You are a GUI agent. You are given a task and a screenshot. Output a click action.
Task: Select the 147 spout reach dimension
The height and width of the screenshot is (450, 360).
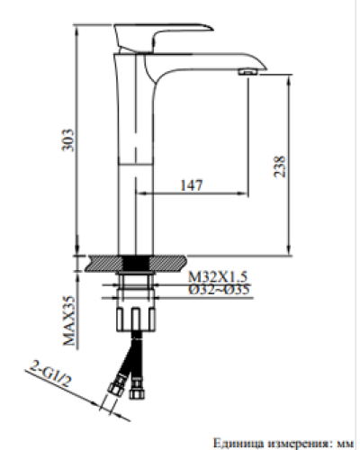coord(191,184)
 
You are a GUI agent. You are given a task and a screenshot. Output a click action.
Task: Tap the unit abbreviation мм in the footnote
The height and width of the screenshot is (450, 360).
coord(344,441)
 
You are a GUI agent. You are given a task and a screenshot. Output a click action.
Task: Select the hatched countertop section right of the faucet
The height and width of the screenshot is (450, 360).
coord(171,262)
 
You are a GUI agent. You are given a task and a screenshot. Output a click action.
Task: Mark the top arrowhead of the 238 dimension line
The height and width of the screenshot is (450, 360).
coord(288,81)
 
